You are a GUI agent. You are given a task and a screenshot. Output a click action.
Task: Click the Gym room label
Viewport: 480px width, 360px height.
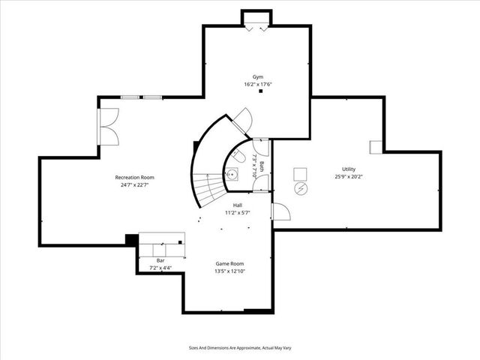pos(258,77)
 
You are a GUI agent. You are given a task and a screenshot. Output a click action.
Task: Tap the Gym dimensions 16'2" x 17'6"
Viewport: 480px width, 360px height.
pos(258,84)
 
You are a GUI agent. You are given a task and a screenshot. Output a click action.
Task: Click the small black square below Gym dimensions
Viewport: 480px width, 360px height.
pos(260,91)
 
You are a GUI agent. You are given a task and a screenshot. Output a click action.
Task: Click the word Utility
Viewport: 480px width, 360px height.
pos(349,169)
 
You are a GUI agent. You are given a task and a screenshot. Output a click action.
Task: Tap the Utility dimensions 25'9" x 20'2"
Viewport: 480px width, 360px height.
pos(349,177)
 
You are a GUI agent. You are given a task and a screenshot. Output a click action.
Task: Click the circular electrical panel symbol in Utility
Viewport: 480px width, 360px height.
pos(300,187)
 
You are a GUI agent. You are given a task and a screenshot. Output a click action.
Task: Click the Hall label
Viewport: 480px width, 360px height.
pos(237,205)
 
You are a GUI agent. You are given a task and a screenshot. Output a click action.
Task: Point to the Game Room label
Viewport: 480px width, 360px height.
pos(230,264)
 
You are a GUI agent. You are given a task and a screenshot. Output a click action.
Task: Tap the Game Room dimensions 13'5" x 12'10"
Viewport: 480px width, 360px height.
pos(230,271)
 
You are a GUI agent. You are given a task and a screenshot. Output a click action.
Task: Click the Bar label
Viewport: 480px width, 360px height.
pos(160,260)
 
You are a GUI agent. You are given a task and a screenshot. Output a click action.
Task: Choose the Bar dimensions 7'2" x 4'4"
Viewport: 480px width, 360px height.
pos(160,268)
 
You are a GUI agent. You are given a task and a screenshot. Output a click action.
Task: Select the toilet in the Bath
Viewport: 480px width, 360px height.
pos(236,157)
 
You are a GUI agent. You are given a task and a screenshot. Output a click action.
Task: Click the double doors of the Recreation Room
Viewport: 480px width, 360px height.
pos(108,127)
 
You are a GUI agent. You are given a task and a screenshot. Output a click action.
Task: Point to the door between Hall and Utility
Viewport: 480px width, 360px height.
pos(280,211)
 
